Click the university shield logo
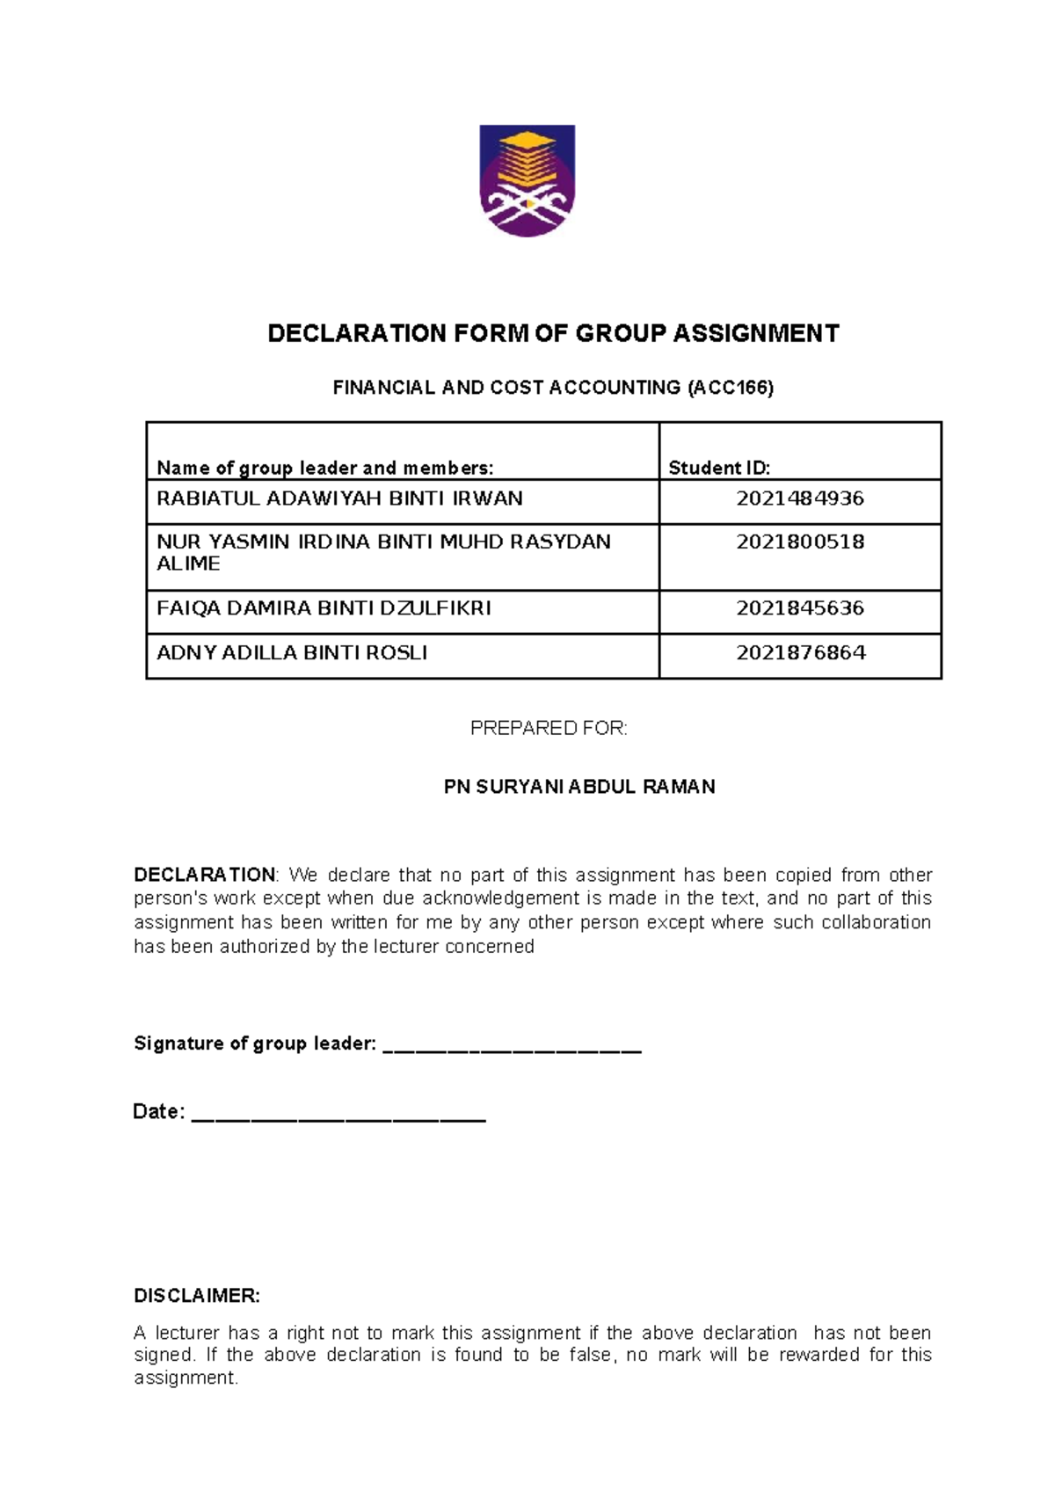point(527,180)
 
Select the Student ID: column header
point(719,468)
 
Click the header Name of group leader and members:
point(324,468)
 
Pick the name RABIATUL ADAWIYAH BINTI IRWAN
point(339,498)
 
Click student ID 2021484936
point(800,498)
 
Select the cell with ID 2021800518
point(800,542)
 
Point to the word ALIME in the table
point(188,564)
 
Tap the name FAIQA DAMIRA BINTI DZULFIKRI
point(324,608)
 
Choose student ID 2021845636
point(800,608)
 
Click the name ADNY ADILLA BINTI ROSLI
point(292,653)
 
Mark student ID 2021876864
point(800,653)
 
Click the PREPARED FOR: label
point(549,729)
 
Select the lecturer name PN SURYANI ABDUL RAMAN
point(579,787)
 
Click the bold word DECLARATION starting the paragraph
point(204,876)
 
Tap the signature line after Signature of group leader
point(513,1046)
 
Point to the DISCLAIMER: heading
point(197,1296)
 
